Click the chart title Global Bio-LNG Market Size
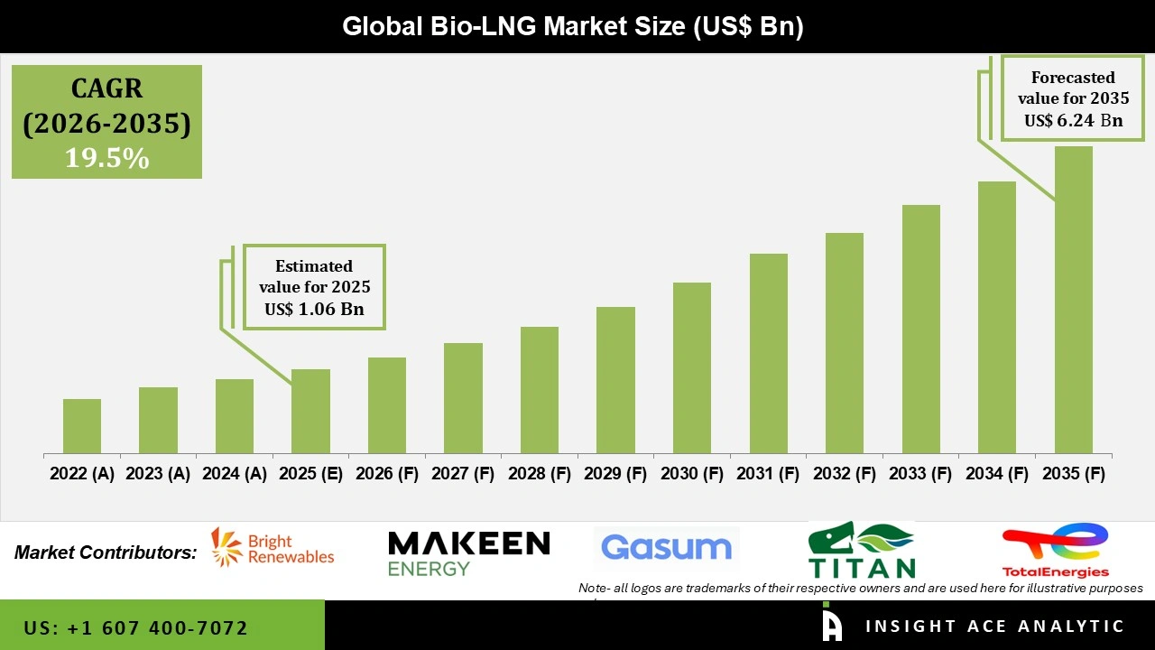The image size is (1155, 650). [x=572, y=26]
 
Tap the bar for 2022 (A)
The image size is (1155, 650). [x=82, y=426]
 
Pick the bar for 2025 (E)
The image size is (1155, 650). [x=310, y=412]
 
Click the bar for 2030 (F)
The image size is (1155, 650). [x=692, y=368]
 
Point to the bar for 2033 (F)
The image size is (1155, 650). [x=920, y=330]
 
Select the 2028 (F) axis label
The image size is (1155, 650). [x=540, y=474]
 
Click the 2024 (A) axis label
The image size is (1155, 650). [x=235, y=474]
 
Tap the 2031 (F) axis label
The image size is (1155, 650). [x=768, y=474]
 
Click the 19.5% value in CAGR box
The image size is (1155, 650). [x=106, y=159]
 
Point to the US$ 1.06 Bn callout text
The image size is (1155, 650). [x=313, y=310]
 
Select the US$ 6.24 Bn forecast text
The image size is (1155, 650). [x=1073, y=120]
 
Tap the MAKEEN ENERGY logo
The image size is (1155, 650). [x=468, y=552]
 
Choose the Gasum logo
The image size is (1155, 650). [x=666, y=548]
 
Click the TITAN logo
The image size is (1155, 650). [x=861, y=550]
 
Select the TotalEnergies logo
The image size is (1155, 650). [x=1055, y=550]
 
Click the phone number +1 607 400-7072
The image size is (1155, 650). [x=136, y=627]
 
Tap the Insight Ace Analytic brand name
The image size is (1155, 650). [x=994, y=627]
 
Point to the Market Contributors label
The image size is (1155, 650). [x=106, y=552]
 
